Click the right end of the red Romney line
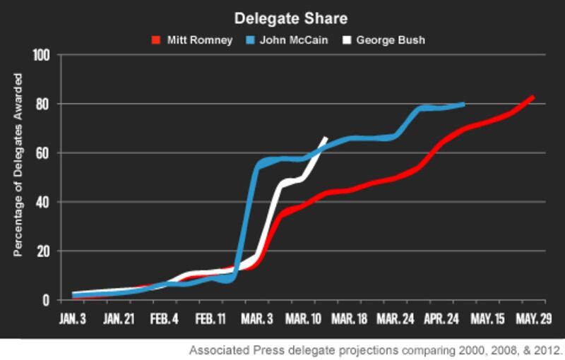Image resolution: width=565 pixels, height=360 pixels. (533, 97)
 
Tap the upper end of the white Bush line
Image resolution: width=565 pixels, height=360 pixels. (326, 138)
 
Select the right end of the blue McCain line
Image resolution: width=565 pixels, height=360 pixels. (463, 104)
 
